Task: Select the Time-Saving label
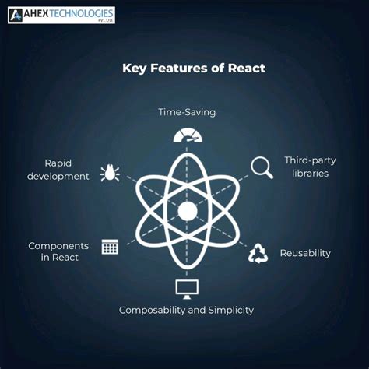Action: [x=187, y=112]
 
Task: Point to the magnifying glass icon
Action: [x=260, y=166]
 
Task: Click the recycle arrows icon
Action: [x=258, y=253]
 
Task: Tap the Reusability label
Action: [x=305, y=253]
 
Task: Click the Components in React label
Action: [x=58, y=252]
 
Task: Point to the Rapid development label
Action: [x=58, y=170]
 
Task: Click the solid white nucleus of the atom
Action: [x=187, y=211]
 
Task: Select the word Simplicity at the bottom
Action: [x=228, y=310]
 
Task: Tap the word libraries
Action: [x=306, y=173]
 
